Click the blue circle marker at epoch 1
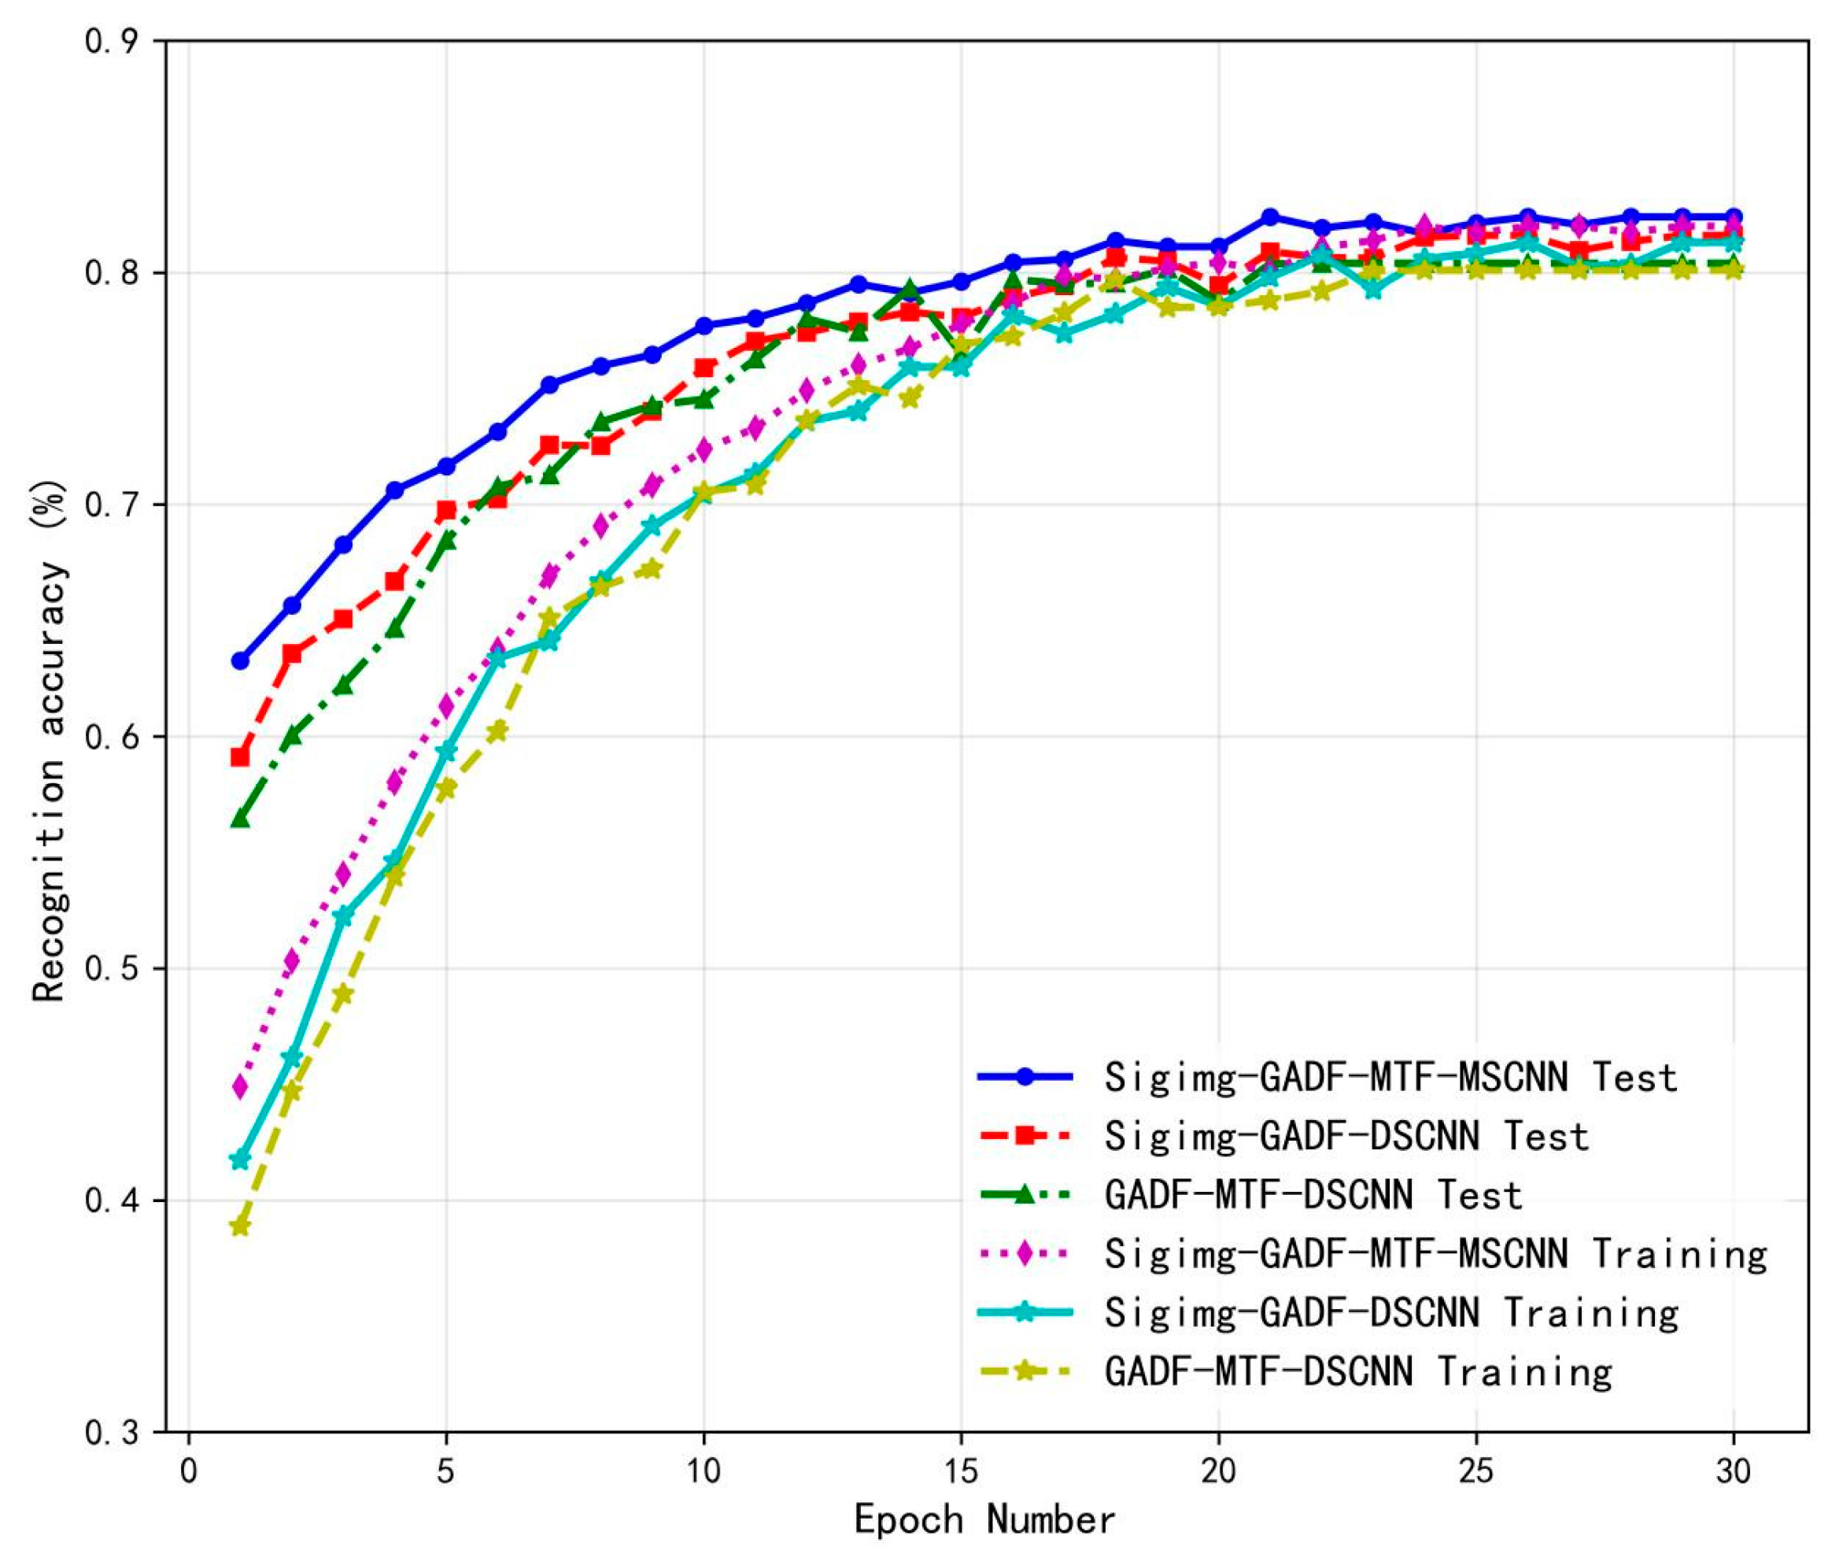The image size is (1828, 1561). [240, 660]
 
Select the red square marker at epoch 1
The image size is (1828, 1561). [240, 757]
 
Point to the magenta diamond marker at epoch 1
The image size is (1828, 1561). [240, 1086]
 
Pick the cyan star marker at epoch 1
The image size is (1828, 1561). [240, 1160]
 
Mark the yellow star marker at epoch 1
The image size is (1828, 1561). [240, 1226]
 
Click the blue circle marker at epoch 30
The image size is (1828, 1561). [1733, 216]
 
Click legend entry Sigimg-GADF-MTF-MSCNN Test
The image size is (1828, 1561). [1390, 1078]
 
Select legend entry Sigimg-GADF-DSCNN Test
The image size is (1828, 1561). [1346, 1137]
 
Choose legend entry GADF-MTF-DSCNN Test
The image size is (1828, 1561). [1313, 1195]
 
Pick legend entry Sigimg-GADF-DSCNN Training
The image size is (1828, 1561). [1390, 1312]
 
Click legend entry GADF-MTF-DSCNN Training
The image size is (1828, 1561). [1357, 1370]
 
